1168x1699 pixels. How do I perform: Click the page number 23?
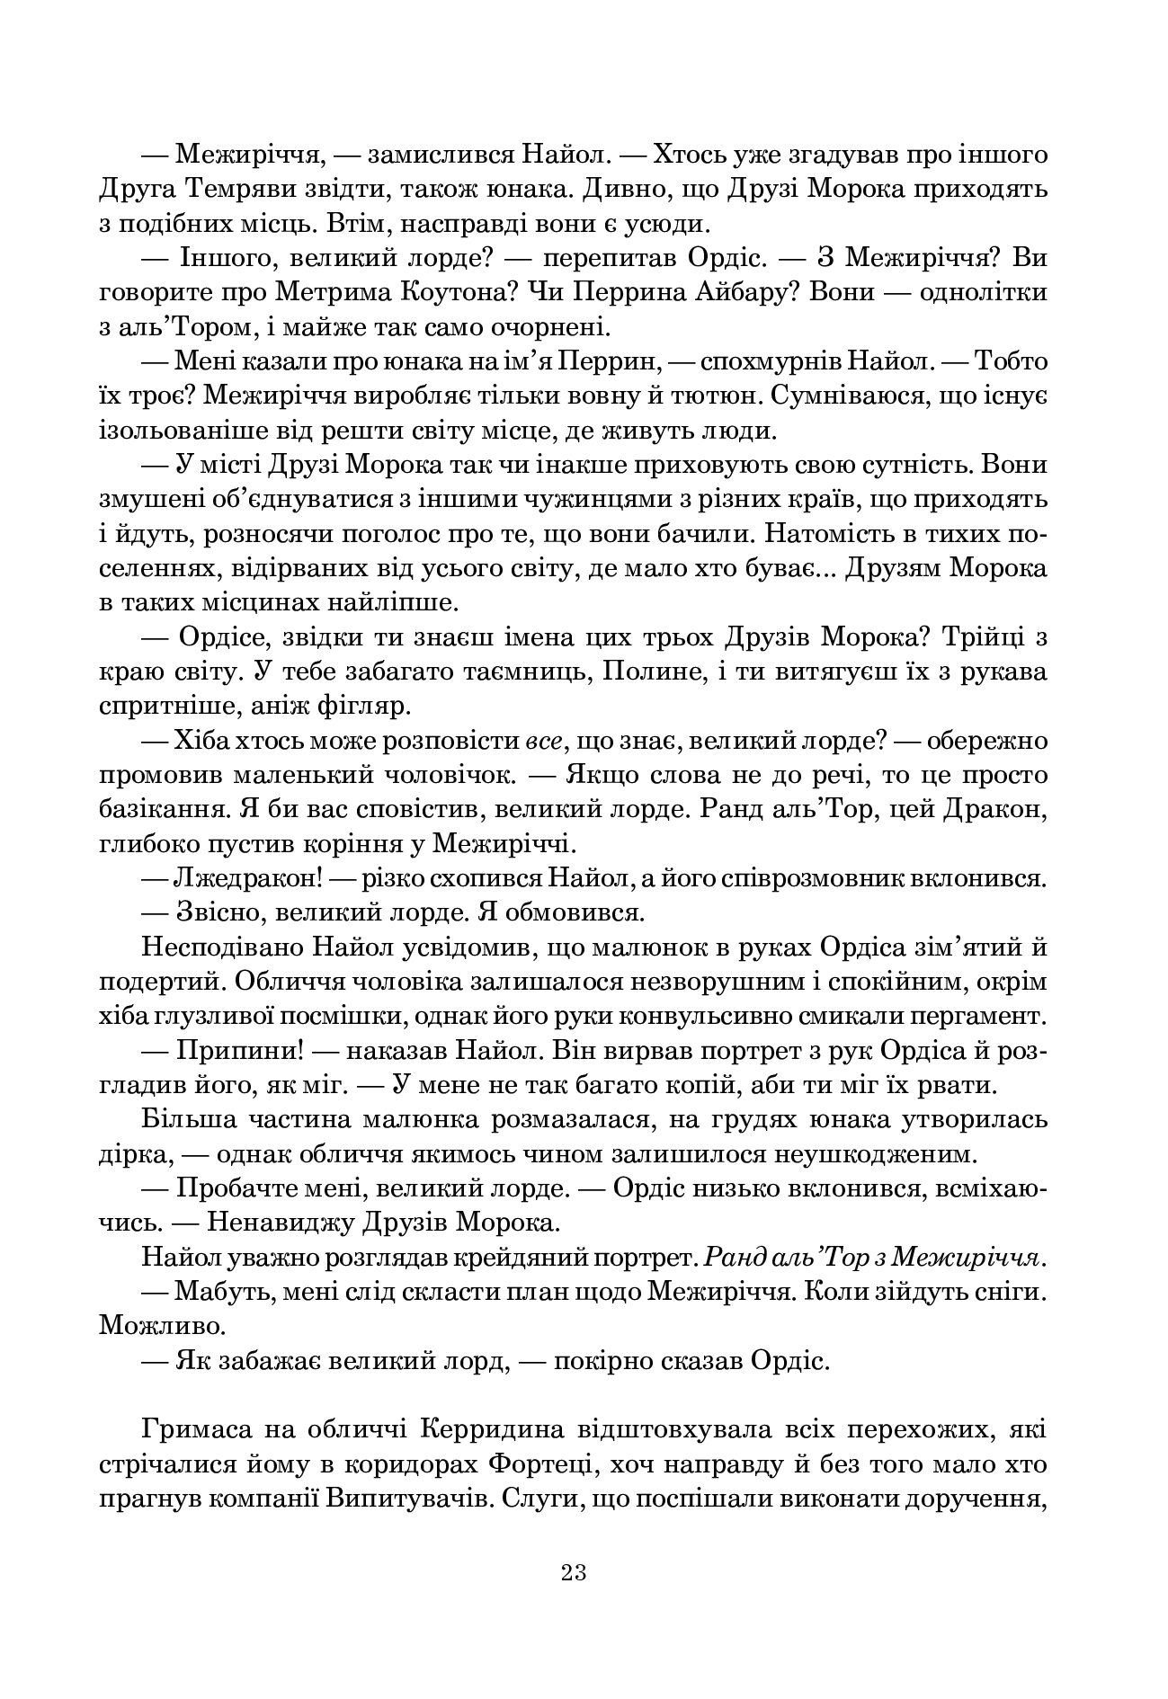pos(574,1572)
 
